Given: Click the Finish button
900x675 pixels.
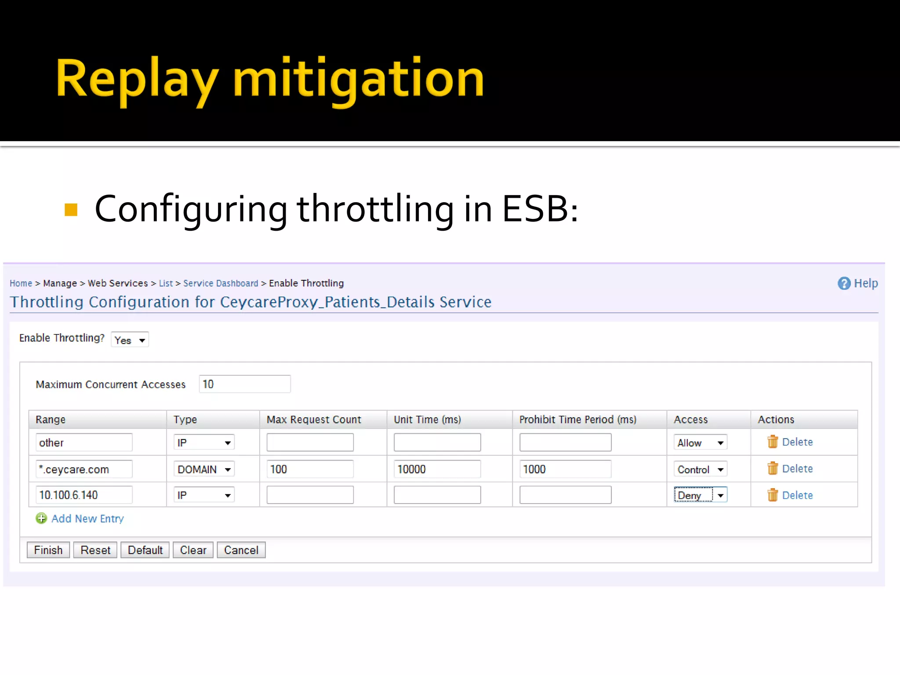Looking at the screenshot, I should point(48,550).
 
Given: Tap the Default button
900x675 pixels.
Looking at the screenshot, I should point(145,550).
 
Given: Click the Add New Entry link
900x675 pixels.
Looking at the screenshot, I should point(87,519).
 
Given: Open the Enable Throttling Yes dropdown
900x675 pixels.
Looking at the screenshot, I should point(130,340).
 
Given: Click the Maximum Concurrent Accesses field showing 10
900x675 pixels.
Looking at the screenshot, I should point(244,384).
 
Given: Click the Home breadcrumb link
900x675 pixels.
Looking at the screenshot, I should point(21,283).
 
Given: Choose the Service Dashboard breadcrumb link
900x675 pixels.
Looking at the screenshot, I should point(221,283).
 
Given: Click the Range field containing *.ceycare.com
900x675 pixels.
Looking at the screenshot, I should point(83,469).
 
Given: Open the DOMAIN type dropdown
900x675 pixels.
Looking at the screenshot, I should point(204,469).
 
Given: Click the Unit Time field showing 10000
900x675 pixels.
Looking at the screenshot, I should point(437,469).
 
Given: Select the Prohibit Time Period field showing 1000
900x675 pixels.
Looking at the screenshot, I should point(565,469).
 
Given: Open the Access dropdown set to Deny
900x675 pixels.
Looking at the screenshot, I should point(700,495).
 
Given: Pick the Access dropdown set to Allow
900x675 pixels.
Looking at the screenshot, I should point(700,443).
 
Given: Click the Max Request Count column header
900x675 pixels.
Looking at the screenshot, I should point(314,420).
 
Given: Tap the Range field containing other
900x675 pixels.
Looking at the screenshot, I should point(83,443).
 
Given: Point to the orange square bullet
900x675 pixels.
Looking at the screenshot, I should point(71,210).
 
